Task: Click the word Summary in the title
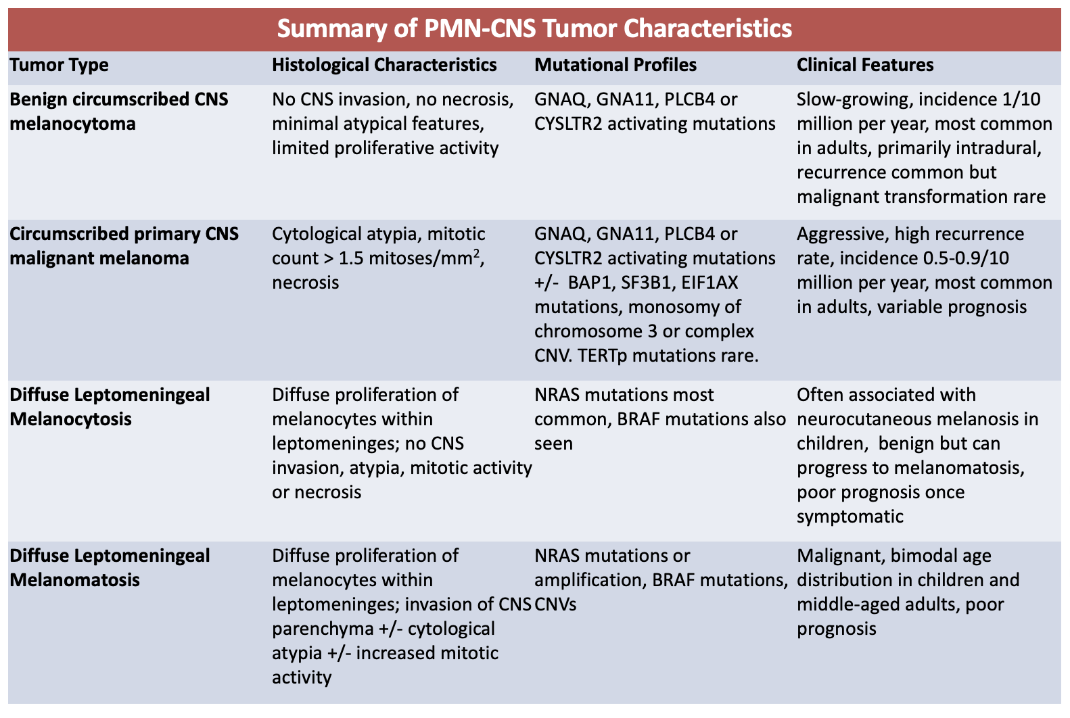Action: (x=332, y=28)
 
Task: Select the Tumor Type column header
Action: (x=59, y=65)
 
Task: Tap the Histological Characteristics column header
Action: (x=384, y=65)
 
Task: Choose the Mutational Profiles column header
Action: (x=615, y=65)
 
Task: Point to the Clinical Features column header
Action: (x=865, y=65)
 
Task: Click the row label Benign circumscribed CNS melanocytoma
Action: (x=119, y=112)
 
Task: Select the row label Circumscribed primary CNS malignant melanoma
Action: (x=124, y=246)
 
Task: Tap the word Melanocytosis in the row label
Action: (x=71, y=419)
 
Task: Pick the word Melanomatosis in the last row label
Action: (x=74, y=580)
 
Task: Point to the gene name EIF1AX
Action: (x=710, y=283)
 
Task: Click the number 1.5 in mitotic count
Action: (x=351, y=259)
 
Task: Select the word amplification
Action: (x=590, y=581)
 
